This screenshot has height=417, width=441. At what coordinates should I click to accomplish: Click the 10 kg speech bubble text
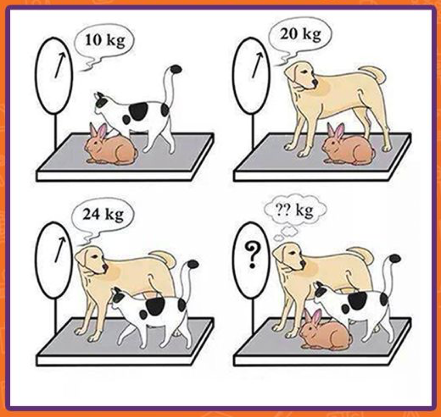(x=105, y=41)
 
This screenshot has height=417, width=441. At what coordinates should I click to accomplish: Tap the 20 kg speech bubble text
(x=300, y=34)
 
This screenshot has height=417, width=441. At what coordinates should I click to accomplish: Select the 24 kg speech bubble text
(x=103, y=215)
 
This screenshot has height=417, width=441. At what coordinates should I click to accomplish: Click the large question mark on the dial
(x=252, y=255)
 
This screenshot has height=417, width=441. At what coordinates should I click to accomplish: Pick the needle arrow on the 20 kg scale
(x=258, y=65)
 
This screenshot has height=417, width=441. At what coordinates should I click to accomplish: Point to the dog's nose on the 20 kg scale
(x=315, y=82)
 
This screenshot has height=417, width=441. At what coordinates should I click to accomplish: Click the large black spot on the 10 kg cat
(x=139, y=112)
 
